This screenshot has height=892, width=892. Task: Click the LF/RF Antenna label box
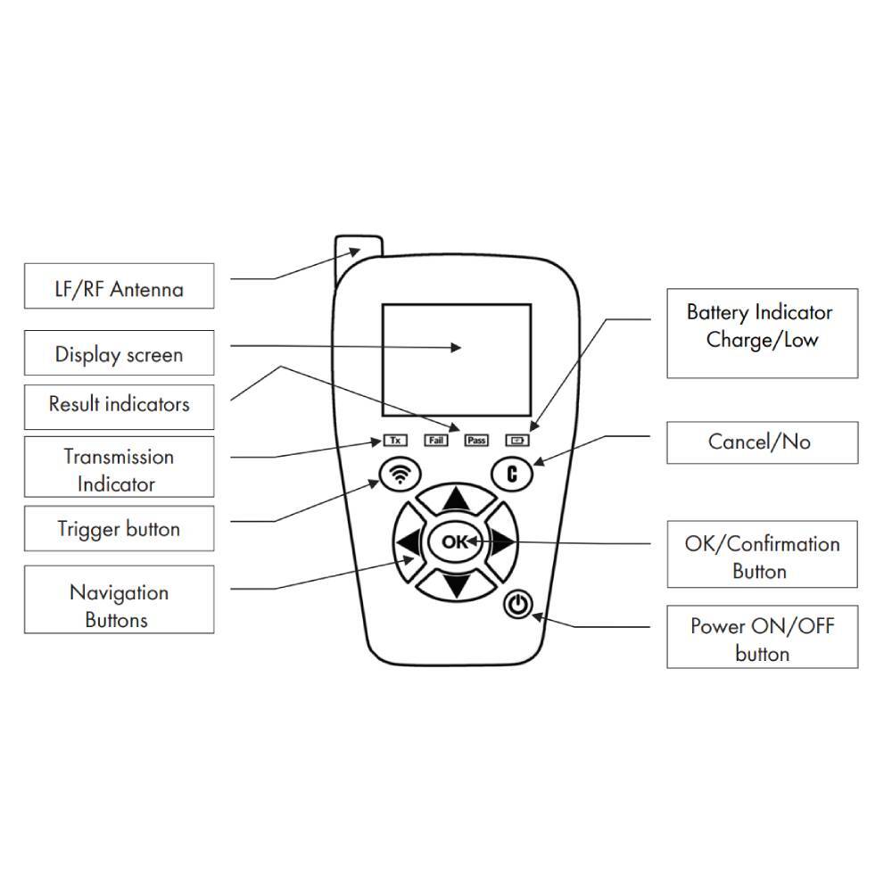119,286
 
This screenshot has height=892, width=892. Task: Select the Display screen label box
119,353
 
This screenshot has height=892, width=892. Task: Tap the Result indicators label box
119,404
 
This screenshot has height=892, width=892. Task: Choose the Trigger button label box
119,529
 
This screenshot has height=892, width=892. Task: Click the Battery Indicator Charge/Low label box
762,333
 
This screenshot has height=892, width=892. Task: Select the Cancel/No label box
762,442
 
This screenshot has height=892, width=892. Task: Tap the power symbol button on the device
518,606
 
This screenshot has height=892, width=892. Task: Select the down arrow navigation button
457,583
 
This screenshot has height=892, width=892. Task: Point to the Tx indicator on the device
394,440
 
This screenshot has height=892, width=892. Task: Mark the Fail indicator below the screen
435,440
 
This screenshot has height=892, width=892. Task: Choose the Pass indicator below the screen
476,440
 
